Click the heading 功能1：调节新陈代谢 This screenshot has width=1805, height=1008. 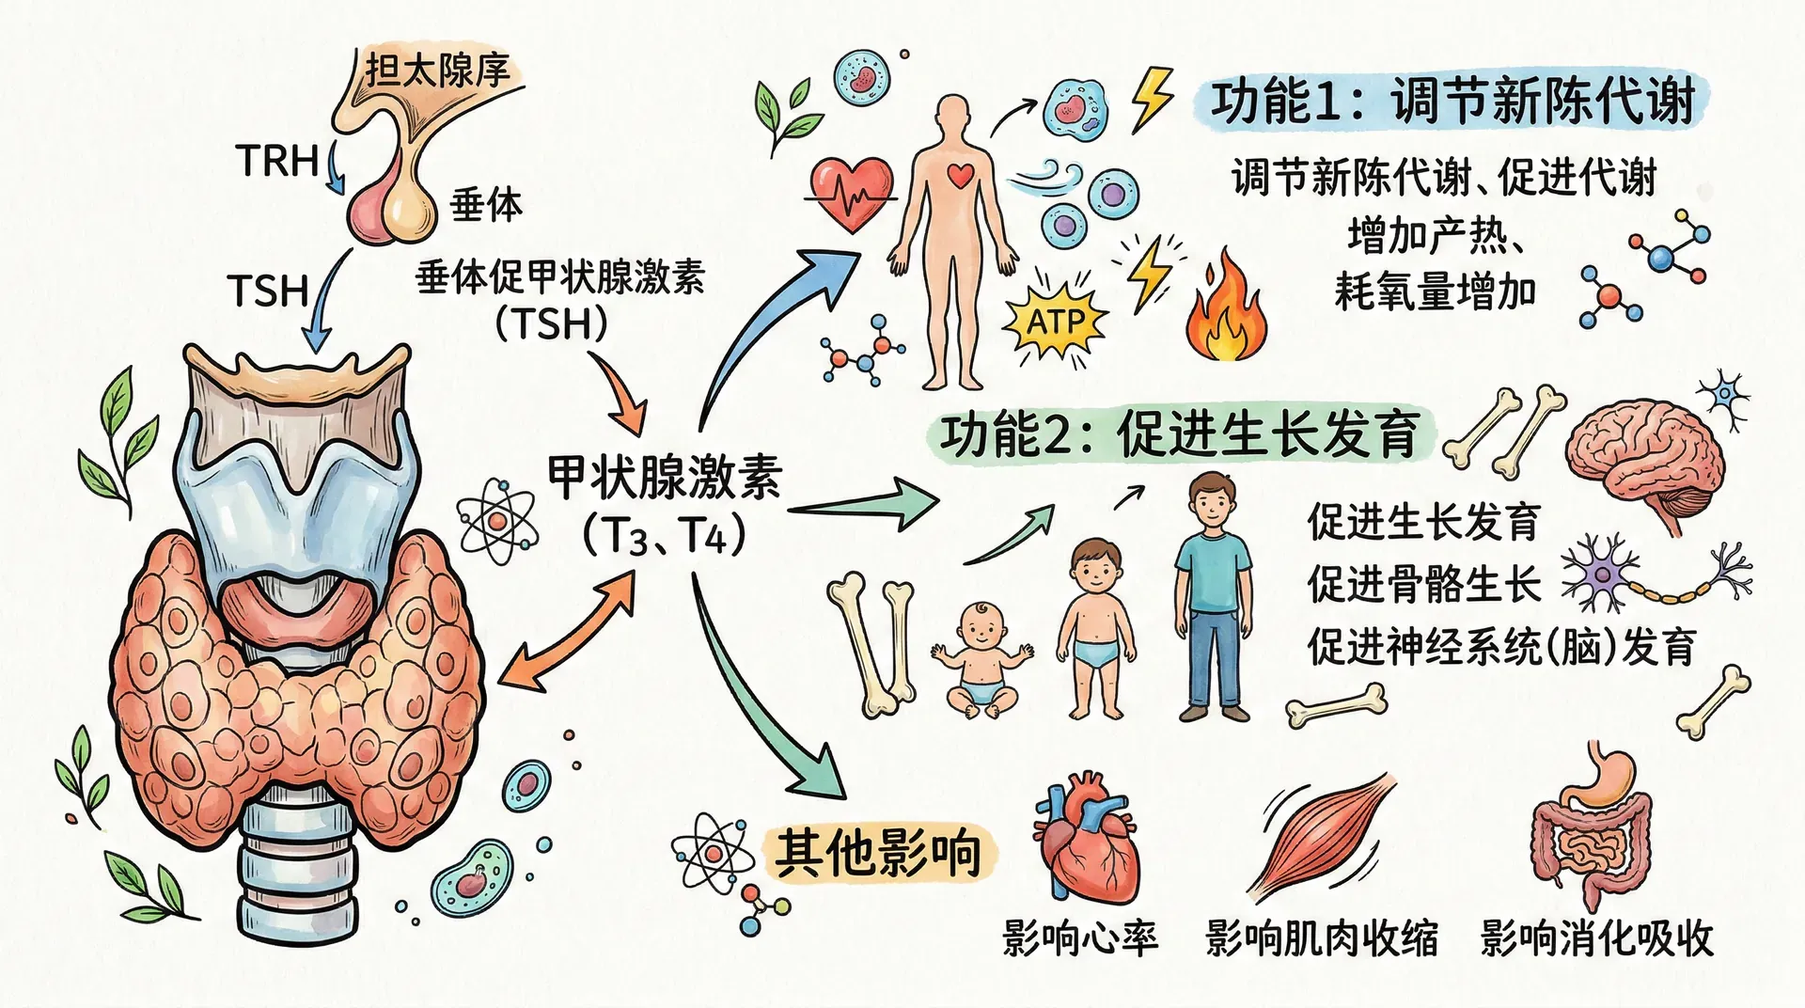1452,102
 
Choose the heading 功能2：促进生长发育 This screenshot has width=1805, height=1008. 1179,434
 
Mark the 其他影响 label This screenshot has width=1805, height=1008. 878,852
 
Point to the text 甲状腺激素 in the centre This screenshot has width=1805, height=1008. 664,477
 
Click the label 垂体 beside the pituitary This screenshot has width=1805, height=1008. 485,204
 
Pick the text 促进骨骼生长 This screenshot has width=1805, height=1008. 1423,584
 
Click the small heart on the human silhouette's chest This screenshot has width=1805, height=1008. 960,174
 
